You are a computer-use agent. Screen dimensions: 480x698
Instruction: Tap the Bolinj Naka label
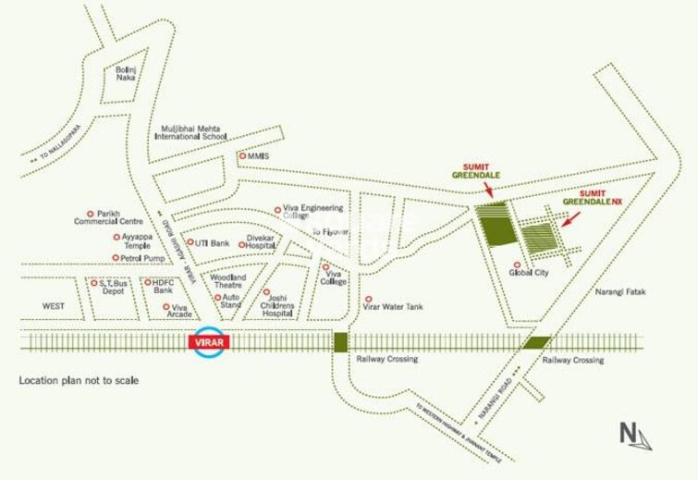click(x=126, y=76)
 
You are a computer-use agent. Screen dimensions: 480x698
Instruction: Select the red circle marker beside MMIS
click(x=243, y=156)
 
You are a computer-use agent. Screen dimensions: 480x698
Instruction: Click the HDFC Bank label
click(x=164, y=286)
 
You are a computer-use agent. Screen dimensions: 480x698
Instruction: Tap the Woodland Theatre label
click(x=228, y=281)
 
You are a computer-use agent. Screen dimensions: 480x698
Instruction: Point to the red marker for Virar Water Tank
click(x=369, y=300)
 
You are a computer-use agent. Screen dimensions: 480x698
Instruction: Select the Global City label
click(x=530, y=274)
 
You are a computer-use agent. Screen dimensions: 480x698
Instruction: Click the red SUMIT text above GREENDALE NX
click(x=593, y=193)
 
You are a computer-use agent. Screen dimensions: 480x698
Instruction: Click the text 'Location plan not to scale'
click(x=79, y=381)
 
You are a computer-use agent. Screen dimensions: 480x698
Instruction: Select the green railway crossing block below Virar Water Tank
click(x=341, y=342)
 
